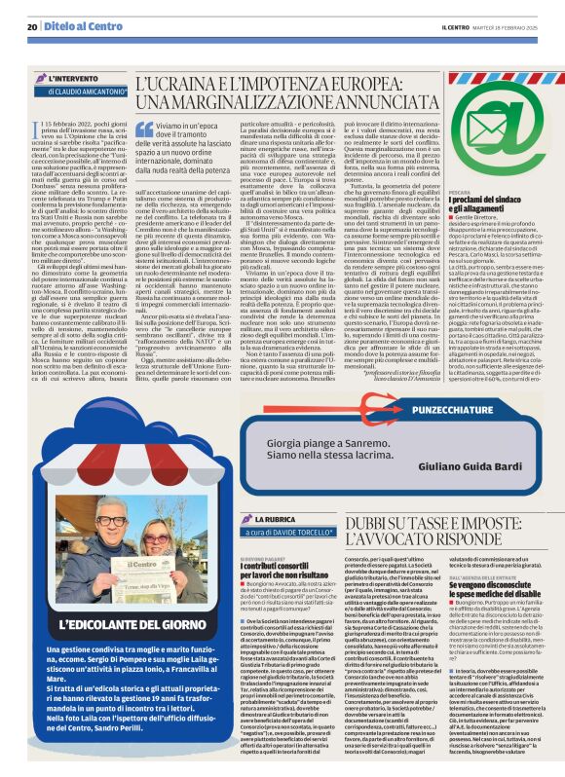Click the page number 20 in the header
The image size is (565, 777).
(x=32, y=26)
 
